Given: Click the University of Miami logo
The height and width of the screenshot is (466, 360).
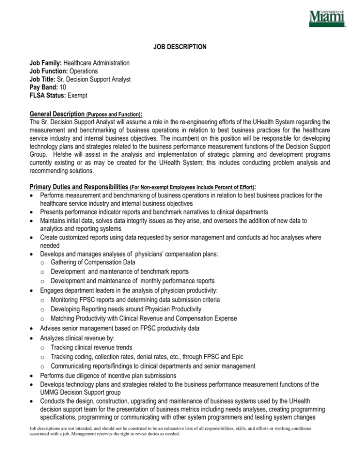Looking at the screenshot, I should [327, 19].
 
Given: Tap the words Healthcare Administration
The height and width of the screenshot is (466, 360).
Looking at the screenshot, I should [97, 63].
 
